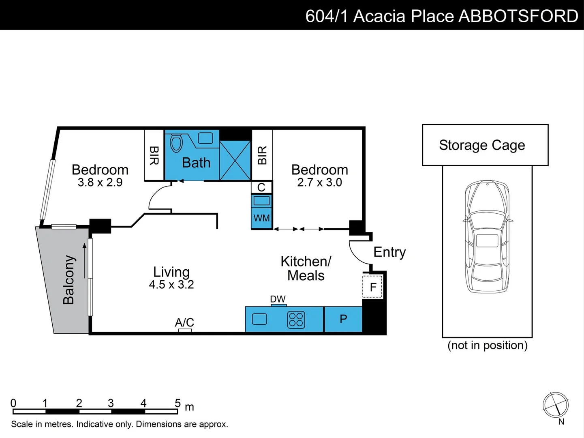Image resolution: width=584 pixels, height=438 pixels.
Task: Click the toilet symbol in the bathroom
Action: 176,143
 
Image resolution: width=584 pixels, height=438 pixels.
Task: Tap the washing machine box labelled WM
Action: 261,218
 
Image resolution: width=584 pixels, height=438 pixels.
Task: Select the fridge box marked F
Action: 372,287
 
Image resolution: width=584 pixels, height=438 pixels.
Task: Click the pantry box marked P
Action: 343,319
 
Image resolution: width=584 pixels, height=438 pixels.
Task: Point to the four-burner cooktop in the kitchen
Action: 296,320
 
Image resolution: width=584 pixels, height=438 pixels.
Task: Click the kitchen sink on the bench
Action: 259,319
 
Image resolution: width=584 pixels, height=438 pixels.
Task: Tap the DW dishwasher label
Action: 278,299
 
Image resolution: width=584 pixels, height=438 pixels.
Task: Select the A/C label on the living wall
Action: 184,322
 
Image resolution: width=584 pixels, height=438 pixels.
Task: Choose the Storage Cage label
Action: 482,145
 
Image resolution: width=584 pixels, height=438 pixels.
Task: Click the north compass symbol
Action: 556,405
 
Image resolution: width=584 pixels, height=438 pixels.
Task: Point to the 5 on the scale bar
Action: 178,403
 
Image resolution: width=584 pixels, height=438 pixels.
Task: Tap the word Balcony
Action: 68,279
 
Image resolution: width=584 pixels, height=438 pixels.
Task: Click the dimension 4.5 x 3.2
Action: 171,285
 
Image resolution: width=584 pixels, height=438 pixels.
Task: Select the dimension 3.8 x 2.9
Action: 100,182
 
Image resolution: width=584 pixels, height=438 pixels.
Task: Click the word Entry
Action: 389,252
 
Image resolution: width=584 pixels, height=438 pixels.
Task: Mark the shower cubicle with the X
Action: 235,161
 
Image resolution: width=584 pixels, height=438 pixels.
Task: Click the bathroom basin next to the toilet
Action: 205,138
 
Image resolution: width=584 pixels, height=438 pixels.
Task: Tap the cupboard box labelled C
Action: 261,187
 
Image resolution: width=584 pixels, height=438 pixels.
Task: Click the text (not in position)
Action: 487,345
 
